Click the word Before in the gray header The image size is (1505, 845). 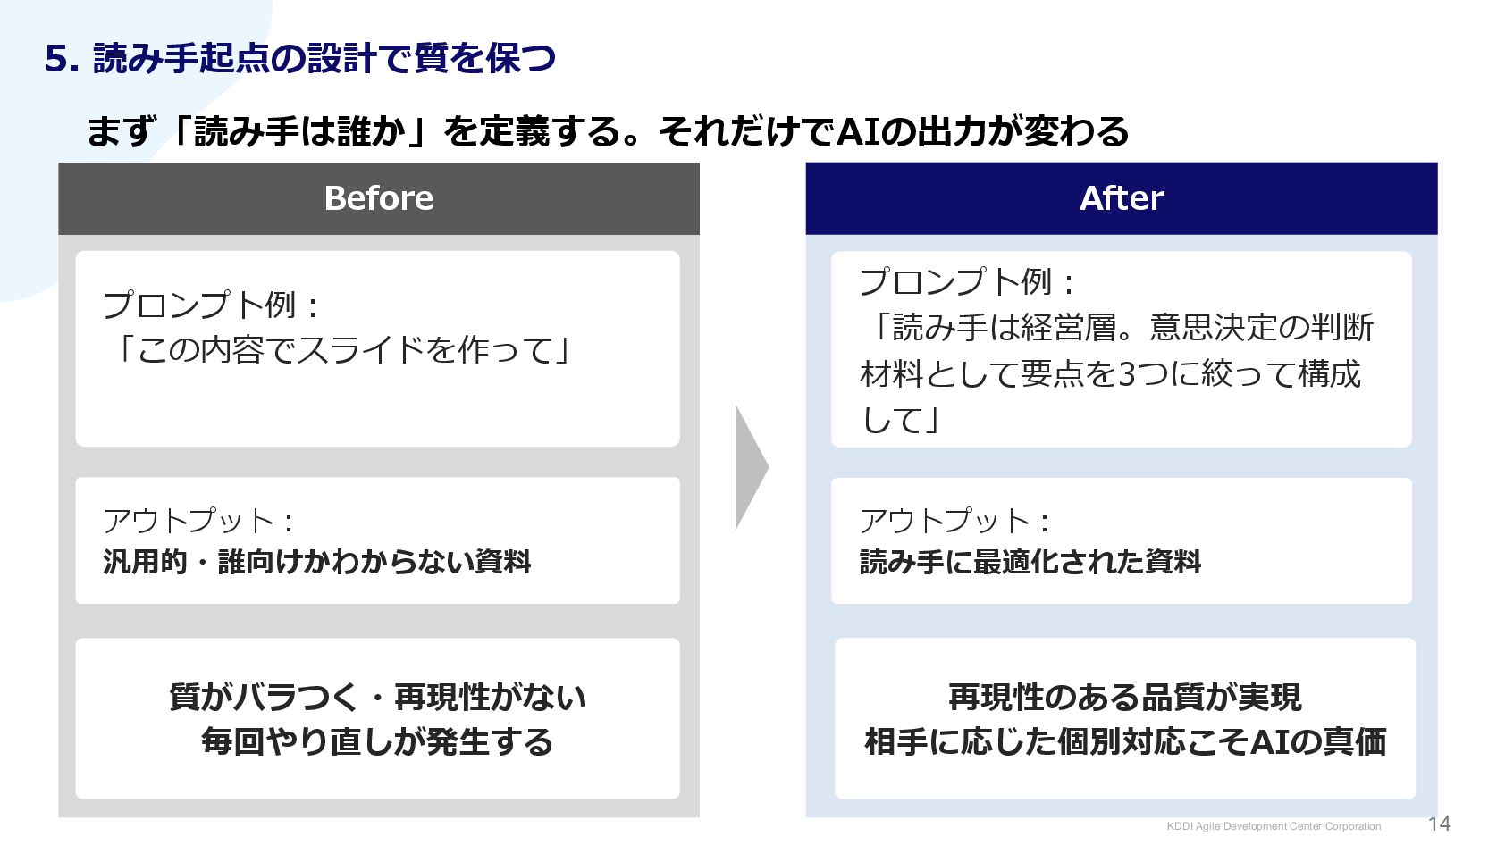pyautogui.click(x=379, y=198)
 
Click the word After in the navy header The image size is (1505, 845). pyautogui.click(x=1122, y=198)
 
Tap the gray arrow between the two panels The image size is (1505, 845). pyautogui.click(x=751, y=466)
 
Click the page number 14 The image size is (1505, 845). pyautogui.click(x=1440, y=824)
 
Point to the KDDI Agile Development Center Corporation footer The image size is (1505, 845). pyautogui.click(x=1274, y=826)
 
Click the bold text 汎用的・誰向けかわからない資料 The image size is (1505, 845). pyautogui.click(x=317, y=562)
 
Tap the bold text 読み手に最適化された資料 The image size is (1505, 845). pyautogui.click(x=1030, y=562)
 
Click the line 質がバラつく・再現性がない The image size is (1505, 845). pyautogui.click(x=378, y=697)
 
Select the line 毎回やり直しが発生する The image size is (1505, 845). pyautogui.click(x=378, y=741)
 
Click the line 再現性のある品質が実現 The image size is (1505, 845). pyautogui.click(x=1124, y=697)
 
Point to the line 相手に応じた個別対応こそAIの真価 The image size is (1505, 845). pyautogui.click(x=1125, y=741)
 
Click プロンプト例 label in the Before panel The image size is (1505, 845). pyautogui.click(x=199, y=305)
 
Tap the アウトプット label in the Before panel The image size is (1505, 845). pyautogui.click(x=189, y=521)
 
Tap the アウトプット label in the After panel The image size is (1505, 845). pyautogui.click(x=945, y=521)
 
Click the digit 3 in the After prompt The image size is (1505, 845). pyautogui.click(x=1127, y=373)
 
